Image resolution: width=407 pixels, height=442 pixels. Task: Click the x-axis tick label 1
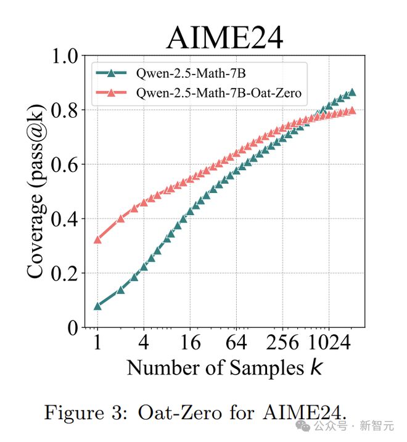pos(97,342)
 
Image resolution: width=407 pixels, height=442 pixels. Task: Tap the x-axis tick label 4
pos(144,342)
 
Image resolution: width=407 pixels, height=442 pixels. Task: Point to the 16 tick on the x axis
pos(191,342)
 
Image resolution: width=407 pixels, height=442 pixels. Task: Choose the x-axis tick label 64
pos(237,342)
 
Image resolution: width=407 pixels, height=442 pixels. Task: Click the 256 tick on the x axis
pos(282,342)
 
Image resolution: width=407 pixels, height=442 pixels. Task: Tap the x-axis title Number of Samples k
pos(224,367)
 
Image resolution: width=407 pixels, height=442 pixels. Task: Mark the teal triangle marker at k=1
pos(97,306)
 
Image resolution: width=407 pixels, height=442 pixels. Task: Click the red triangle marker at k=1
pos(97,239)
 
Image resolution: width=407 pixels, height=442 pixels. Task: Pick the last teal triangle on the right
pos(352,92)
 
